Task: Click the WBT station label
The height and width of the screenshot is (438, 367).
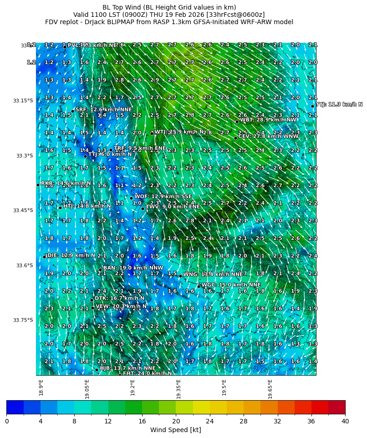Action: [x=268, y=120]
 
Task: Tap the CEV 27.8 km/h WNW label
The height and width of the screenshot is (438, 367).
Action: [x=269, y=136]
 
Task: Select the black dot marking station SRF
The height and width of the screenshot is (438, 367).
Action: [x=72, y=111]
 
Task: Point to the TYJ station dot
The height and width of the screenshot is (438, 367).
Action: [x=313, y=106]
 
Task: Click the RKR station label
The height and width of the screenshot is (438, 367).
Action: [x=66, y=183]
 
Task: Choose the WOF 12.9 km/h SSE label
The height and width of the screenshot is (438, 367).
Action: [x=163, y=196]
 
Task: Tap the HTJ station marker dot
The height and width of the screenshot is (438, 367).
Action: [x=60, y=208]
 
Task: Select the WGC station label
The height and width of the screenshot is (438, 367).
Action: [x=231, y=285]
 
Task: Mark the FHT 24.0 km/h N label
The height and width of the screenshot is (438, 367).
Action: [x=147, y=373]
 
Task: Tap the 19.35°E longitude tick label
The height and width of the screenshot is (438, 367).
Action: [x=178, y=388]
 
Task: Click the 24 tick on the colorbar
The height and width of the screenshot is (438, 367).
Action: [x=210, y=421]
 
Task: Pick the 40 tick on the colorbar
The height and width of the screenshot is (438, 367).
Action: [x=345, y=421]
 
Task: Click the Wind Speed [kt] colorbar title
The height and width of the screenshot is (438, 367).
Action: [x=176, y=430]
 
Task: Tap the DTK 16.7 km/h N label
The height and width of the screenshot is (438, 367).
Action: [x=119, y=298]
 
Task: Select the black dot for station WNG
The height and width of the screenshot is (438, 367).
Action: [x=180, y=276]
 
